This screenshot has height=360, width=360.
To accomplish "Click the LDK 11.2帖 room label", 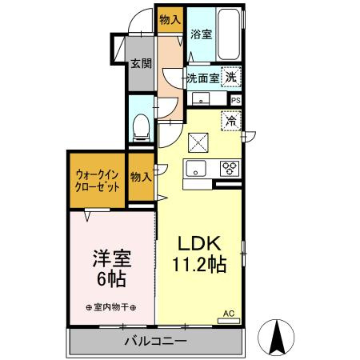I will point(197,254).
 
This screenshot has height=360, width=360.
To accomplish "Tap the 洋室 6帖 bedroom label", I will point(111,268).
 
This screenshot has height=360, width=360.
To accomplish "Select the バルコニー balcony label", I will point(155,342).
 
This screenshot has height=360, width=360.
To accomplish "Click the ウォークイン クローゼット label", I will point(98,179).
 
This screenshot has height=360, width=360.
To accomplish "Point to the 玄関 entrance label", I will point(142,62).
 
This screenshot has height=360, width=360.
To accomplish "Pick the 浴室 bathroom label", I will point(202,34).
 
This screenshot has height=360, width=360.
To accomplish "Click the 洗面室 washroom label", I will point(202,78).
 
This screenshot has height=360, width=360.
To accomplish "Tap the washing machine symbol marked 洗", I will point(230,78).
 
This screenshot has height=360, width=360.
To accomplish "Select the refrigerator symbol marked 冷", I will point(230,122).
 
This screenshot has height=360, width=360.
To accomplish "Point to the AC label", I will point(228,313).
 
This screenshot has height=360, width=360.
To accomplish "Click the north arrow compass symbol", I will point(279,336).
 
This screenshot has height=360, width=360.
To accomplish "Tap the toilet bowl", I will point(142,125).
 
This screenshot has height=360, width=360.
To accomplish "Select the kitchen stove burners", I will point(230,168).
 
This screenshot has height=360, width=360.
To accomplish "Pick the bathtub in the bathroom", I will point(230,35).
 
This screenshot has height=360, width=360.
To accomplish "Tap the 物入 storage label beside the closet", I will point(141,177).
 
